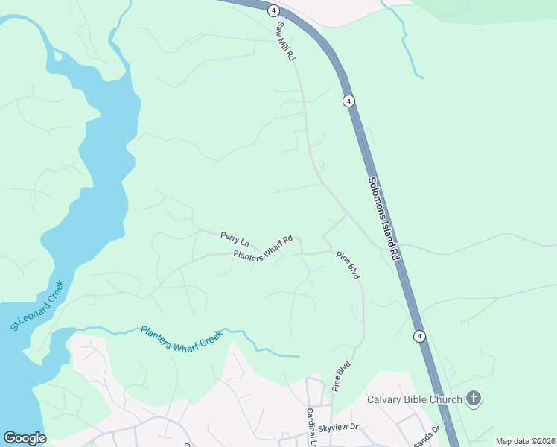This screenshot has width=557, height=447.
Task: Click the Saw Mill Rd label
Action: tap(287, 41)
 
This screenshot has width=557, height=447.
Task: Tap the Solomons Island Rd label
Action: tap(384, 218)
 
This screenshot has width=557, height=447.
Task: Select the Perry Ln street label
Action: tap(234, 239)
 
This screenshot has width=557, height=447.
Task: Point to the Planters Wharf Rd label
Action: tap(263, 248)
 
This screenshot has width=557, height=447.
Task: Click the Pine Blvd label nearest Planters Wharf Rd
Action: tap(348, 265)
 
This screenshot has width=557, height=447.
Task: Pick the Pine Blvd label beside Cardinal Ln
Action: tap(341, 377)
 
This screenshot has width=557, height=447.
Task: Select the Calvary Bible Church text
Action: tap(415, 399)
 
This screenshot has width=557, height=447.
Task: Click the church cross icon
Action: tap(473, 399)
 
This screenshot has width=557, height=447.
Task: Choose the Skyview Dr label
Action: tap(338, 428)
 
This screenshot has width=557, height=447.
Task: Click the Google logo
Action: tap(25, 438)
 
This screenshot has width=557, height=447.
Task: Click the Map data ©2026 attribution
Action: tap(524, 441)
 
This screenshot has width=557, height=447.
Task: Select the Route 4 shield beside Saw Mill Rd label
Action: tap(274, 10)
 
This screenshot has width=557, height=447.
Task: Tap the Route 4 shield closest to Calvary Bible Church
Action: tap(419, 337)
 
